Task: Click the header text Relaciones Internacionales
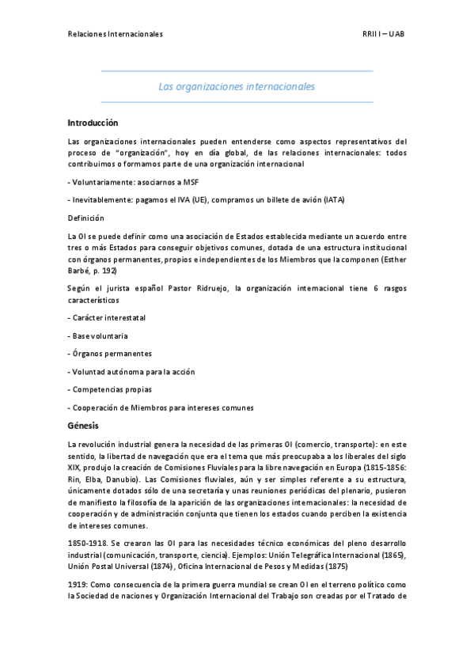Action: tap(116, 35)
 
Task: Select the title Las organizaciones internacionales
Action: tap(237, 86)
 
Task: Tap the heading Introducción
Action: tap(93, 123)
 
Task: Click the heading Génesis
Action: tap(82, 426)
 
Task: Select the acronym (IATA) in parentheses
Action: tap(334, 199)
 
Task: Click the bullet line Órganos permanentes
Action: tap(111, 354)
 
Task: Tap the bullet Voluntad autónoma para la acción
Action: tap(133, 372)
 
